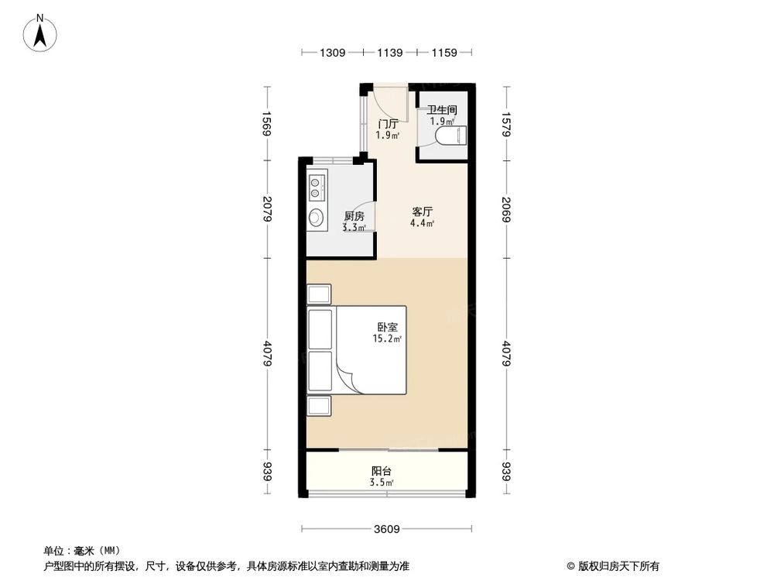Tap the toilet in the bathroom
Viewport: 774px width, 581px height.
pos(450,137)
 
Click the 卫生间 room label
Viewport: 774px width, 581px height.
pos(442,111)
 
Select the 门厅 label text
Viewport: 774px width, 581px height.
pos(388,124)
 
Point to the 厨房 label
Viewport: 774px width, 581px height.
pos(354,216)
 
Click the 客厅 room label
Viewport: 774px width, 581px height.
pos(422,211)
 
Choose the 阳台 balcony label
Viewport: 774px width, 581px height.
pos(381,471)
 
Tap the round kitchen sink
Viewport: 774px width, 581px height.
pos(317,218)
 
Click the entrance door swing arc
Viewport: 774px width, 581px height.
pos(394,101)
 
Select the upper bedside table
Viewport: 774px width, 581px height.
pos(319,294)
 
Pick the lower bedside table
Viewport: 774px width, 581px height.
pos(319,406)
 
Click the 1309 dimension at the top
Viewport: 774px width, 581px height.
pos(332,53)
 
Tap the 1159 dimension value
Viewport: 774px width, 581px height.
pos(446,53)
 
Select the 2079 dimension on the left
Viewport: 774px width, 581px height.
pos(267,208)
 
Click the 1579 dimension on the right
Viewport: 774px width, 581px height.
pos(507,124)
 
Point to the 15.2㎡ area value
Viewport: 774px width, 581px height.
pos(388,339)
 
